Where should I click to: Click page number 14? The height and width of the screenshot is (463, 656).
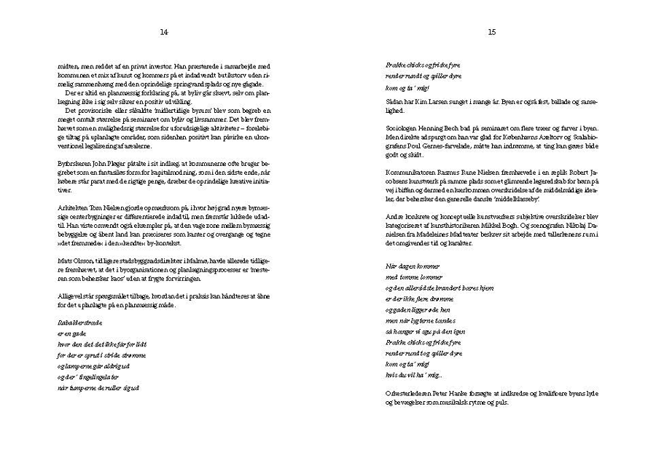click(x=164, y=32)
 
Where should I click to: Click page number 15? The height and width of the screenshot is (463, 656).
click(x=492, y=32)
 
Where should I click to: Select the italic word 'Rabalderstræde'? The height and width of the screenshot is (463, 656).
click(x=77, y=321)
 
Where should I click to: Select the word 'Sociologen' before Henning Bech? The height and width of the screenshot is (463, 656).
click(x=402, y=128)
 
